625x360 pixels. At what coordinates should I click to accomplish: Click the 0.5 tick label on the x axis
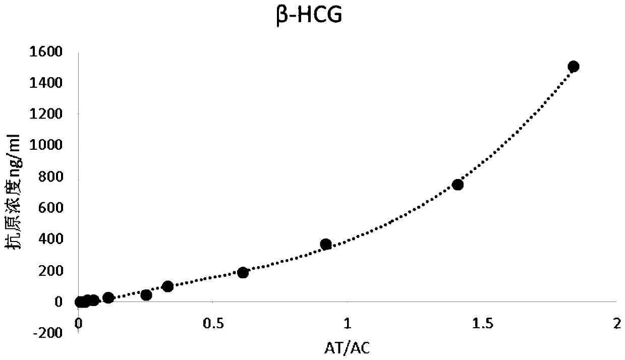pos(212,324)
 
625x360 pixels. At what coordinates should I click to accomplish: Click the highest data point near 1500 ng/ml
pos(573,67)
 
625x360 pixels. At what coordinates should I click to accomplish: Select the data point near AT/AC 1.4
pos(458,185)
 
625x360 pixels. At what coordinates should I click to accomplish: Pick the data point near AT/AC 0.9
pos(326,245)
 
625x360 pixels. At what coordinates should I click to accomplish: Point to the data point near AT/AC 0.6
pos(243,273)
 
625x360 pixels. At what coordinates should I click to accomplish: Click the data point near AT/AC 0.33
pos(168,286)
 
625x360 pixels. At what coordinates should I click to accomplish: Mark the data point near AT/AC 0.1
pos(108,297)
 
